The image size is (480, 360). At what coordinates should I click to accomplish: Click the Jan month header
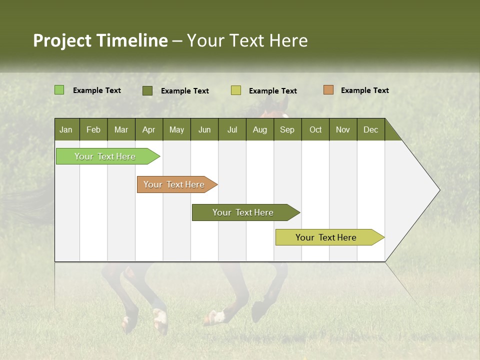[66, 129]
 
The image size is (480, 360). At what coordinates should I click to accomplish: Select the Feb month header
[93, 129]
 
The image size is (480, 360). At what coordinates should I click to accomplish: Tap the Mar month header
[121, 129]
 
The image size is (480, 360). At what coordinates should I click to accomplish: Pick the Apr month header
[149, 129]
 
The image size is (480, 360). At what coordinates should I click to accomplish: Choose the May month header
[176, 129]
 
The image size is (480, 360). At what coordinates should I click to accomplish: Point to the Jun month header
[204, 129]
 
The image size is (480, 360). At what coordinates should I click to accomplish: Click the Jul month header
[232, 129]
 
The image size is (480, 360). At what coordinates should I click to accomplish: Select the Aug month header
[260, 129]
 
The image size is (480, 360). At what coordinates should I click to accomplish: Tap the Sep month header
[287, 129]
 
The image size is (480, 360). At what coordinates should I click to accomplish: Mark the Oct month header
[315, 129]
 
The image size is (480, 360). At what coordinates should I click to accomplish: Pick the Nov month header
[343, 129]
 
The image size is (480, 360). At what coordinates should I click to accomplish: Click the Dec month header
[371, 129]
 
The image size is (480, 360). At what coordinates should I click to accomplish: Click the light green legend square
[59, 90]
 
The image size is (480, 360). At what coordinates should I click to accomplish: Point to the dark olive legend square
[147, 90]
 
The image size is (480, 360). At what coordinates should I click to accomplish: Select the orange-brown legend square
[328, 90]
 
